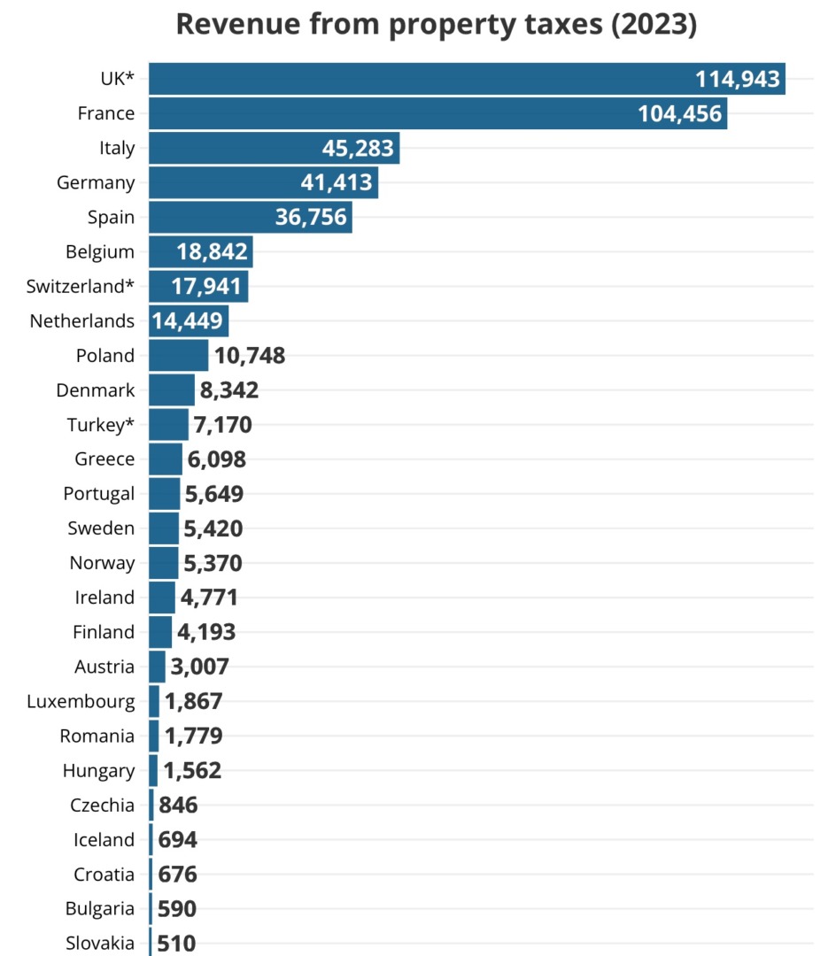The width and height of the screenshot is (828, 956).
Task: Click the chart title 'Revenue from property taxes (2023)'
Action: tap(437, 25)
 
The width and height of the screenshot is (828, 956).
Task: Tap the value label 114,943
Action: tap(738, 80)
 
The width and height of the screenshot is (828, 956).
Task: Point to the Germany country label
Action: tap(96, 183)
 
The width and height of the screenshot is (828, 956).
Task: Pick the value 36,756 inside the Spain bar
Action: tap(311, 218)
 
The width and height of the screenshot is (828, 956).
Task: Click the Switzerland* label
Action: tap(81, 287)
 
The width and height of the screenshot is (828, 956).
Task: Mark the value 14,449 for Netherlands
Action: tap(190, 321)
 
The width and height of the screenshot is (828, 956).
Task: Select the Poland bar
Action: tap(178, 356)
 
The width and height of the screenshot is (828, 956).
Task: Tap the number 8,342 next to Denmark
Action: tap(229, 390)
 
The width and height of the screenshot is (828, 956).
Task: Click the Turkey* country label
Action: tap(101, 425)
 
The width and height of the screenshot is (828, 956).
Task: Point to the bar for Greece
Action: tap(166, 459)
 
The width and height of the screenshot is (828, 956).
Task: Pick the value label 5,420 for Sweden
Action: tap(213, 529)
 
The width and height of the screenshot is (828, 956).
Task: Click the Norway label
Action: tap(103, 563)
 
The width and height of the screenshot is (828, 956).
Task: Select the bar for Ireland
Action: tap(162, 597)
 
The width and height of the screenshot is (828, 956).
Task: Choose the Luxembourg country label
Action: tap(81, 702)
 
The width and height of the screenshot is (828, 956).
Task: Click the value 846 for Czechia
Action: tap(178, 806)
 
